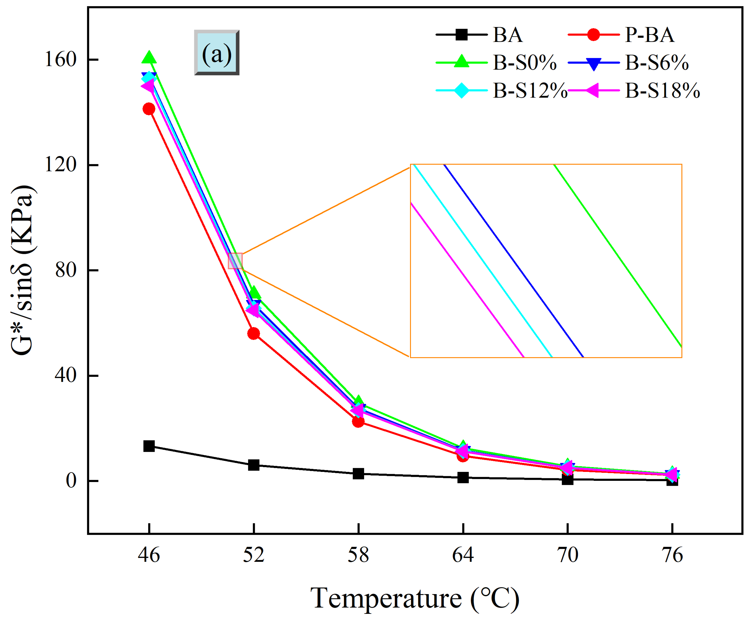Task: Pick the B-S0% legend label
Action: tap(524, 63)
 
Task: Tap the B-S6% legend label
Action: tap(657, 63)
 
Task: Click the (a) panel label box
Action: tap(217, 53)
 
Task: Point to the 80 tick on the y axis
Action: tap(66, 270)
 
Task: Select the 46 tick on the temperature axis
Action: tap(149, 555)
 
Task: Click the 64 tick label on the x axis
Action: tap(463, 555)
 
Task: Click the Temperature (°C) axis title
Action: tap(415, 598)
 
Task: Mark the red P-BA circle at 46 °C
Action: tap(149, 109)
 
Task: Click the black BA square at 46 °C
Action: tap(149, 446)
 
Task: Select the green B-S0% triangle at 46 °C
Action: tap(149, 57)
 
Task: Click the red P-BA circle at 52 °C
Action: tap(254, 334)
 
